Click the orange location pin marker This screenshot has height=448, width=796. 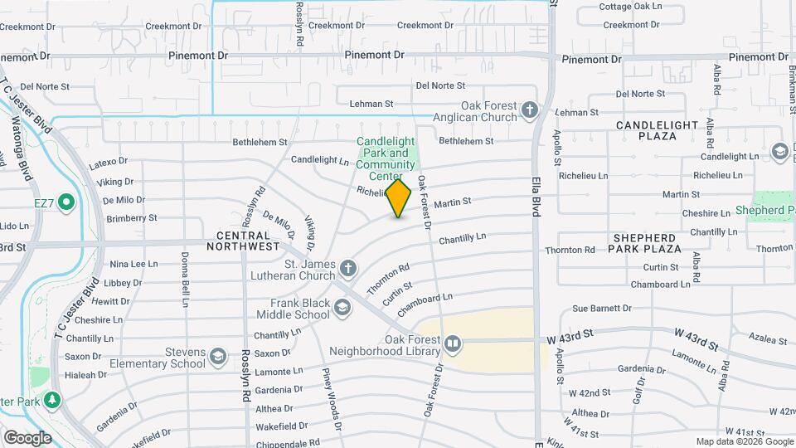pyautogui.click(x=399, y=198)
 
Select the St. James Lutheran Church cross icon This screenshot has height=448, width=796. pyautogui.click(x=348, y=268)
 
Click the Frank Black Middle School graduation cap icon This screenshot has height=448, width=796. pyautogui.click(x=342, y=309)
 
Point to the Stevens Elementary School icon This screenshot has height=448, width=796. pyautogui.click(x=218, y=357)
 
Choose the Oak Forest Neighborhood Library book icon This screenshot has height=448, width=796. pyautogui.click(x=452, y=343)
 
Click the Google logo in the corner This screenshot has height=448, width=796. pyautogui.click(x=27, y=437)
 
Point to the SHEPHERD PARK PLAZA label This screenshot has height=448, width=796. pyautogui.click(x=646, y=242)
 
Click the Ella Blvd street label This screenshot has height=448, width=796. pyautogui.click(x=536, y=197)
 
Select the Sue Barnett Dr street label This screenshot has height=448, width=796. pyautogui.click(x=602, y=309)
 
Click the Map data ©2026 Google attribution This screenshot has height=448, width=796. pyautogui.click(x=743, y=441)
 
